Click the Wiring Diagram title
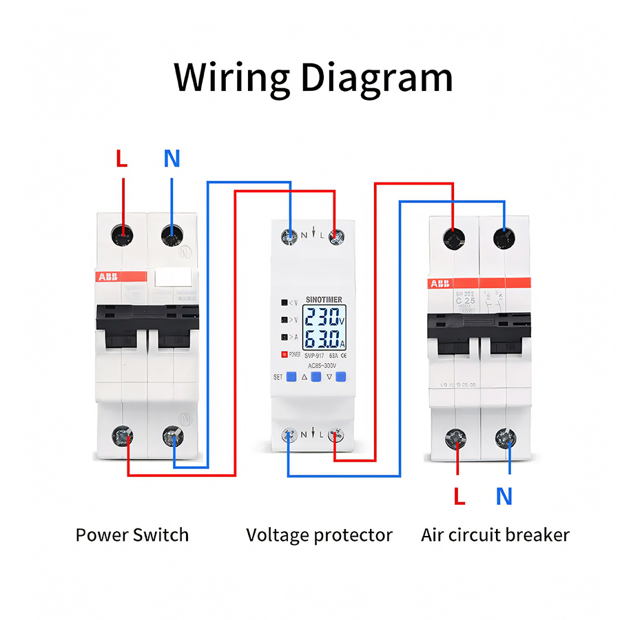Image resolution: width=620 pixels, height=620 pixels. coord(313,77)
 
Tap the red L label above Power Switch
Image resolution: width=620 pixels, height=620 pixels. coord(122,159)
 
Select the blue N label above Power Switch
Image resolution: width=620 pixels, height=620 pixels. coord(172,159)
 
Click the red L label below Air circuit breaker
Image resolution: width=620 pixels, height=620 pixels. coord(459,496)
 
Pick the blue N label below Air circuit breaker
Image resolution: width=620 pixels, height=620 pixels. coord(504,496)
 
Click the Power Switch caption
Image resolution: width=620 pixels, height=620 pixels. coord(132,535)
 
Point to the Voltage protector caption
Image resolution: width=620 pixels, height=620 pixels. coord(319,535)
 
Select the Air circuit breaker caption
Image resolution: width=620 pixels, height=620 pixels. coord(495,535)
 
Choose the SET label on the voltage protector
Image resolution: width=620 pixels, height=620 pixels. coord(278,377)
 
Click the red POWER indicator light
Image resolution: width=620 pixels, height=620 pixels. coord(283,355)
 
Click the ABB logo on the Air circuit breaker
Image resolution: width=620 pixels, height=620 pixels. coord(440,283)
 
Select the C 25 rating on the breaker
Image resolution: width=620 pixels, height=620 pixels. coord(465,301)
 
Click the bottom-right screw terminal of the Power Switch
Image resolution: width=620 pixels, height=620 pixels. coord(172,436)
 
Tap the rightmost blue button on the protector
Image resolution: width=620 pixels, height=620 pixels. coord(340,377)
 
